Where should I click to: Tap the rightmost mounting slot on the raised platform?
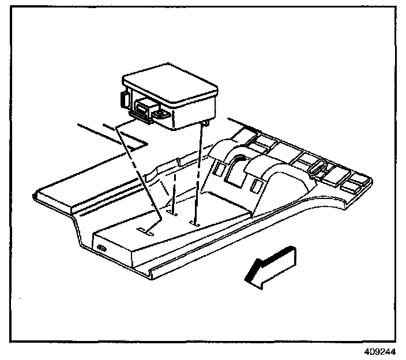pyautogui.click(x=196, y=222)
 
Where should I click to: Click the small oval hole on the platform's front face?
pyautogui.click(x=101, y=247)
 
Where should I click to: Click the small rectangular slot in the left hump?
pyautogui.click(x=221, y=168)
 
